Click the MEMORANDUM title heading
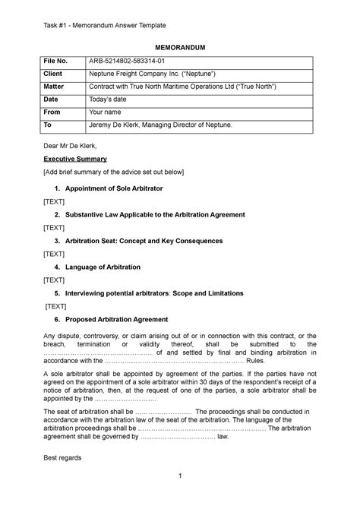click(x=180, y=48)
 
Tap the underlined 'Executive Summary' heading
click(x=74, y=159)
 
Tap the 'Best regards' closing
click(x=64, y=459)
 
